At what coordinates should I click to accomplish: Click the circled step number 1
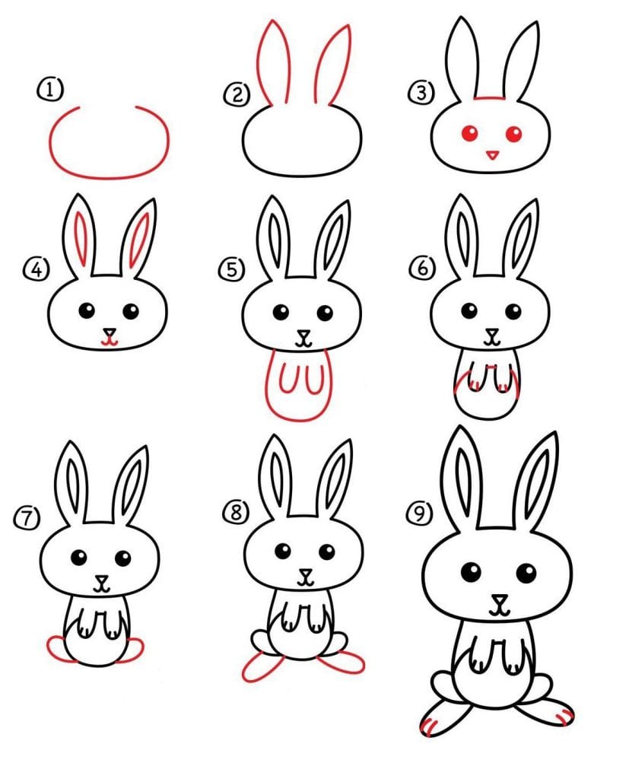(50, 91)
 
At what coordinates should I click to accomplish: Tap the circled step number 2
(237, 94)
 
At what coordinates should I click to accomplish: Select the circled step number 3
(421, 93)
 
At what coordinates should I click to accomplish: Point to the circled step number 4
(37, 270)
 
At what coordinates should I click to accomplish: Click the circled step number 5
(231, 270)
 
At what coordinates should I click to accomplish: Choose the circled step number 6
(422, 269)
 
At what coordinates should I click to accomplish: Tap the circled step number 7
(27, 518)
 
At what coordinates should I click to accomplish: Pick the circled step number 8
(236, 512)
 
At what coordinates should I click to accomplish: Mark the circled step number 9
(420, 513)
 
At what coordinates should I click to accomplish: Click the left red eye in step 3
(469, 133)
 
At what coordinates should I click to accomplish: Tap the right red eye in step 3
(513, 134)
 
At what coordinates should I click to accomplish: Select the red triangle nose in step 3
(492, 155)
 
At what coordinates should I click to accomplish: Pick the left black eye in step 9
(471, 572)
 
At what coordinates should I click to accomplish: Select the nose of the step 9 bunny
(500, 599)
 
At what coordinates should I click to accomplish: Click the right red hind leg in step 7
(130, 650)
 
